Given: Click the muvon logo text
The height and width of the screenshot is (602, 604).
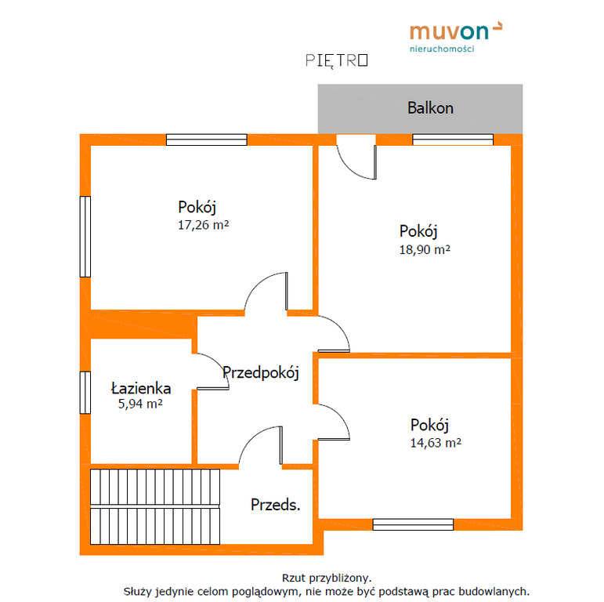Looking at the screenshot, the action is [449, 32].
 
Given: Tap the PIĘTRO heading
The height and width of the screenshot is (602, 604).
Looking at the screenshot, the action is [337, 60].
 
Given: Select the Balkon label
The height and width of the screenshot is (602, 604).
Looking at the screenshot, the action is [430, 108].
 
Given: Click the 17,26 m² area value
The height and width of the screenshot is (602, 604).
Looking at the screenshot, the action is [203, 225].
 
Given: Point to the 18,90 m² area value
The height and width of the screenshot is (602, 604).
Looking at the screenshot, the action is [425, 250].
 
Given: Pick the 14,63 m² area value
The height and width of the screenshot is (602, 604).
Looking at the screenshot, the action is [436, 443].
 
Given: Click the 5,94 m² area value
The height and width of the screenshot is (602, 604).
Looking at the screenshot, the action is [140, 404].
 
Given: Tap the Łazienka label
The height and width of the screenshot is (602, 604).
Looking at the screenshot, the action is [141, 389].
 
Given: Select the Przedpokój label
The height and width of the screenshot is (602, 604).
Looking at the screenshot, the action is [261, 372].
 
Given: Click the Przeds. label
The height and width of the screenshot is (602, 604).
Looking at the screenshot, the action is [276, 505].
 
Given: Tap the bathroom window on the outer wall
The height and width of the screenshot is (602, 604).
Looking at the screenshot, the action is [85, 393].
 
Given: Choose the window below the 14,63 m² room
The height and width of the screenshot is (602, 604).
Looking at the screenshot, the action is [413, 524].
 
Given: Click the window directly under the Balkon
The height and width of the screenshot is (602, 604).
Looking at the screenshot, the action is [453, 140].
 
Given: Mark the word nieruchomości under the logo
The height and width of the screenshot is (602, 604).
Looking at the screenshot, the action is [442, 49].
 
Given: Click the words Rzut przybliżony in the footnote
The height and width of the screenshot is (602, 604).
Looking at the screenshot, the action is [327, 578].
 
